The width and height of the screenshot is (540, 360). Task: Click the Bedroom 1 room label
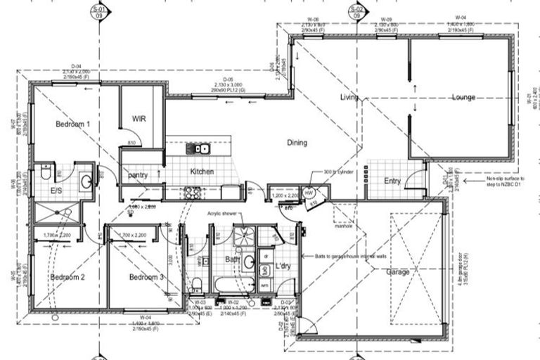click(x=73, y=124)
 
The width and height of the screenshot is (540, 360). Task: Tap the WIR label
click(x=139, y=119)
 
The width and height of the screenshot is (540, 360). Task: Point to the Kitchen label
click(x=200, y=172)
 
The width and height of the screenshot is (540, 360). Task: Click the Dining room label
click(x=297, y=143)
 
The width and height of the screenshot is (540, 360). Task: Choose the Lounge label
click(x=463, y=97)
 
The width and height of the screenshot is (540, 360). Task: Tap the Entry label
click(x=392, y=181)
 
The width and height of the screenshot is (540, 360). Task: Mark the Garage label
click(x=398, y=271)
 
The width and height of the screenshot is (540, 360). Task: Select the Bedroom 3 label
click(x=146, y=278)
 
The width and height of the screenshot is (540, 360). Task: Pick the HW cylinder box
click(x=309, y=192)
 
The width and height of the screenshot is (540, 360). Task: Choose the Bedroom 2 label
click(x=67, y=278)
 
